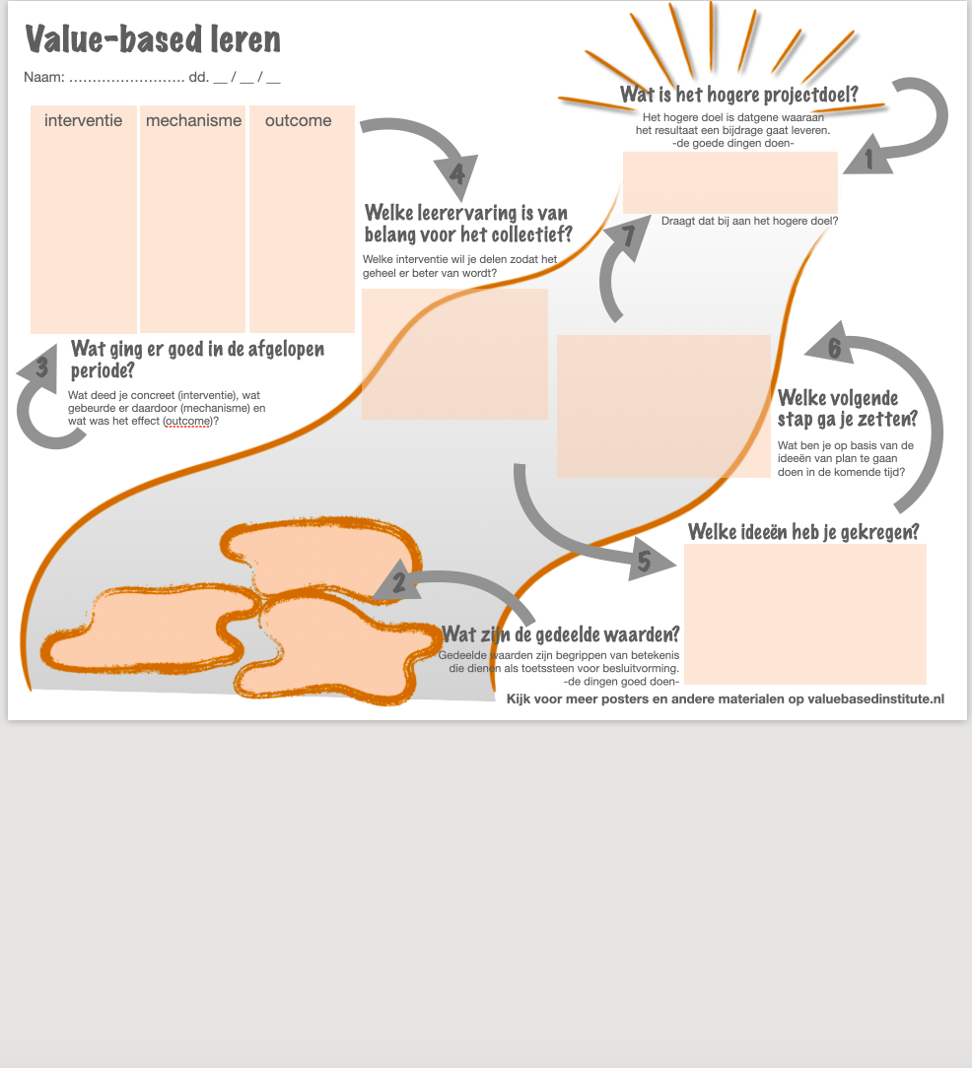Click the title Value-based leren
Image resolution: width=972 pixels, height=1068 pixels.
[153, 39]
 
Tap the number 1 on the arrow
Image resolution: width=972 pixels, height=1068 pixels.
[868, 159]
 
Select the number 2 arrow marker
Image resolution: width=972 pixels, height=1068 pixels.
[398, 582]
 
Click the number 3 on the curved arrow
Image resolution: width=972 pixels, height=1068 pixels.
[41, 368]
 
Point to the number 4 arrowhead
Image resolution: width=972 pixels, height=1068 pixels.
[456, 175]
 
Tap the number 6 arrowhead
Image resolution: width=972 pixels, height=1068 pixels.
[834, 348]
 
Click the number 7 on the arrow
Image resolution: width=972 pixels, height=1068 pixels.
[628, 236]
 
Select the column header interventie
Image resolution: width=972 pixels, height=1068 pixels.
[84, 120]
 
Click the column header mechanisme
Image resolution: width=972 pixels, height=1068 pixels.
[193, 120]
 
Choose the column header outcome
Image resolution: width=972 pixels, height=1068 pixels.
[299, 120]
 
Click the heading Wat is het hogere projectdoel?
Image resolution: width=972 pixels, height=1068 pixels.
[738, 95]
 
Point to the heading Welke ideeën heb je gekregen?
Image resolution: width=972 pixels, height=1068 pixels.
[803, 531]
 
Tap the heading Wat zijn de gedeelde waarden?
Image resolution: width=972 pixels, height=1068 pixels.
[560, 634]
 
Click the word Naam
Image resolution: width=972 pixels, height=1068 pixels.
[44, 77]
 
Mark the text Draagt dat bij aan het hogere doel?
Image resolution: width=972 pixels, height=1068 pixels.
[749, 221]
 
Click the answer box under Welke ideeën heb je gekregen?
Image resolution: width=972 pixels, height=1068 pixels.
[804, 613]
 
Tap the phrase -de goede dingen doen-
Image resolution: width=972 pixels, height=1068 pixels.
[733, 143]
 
